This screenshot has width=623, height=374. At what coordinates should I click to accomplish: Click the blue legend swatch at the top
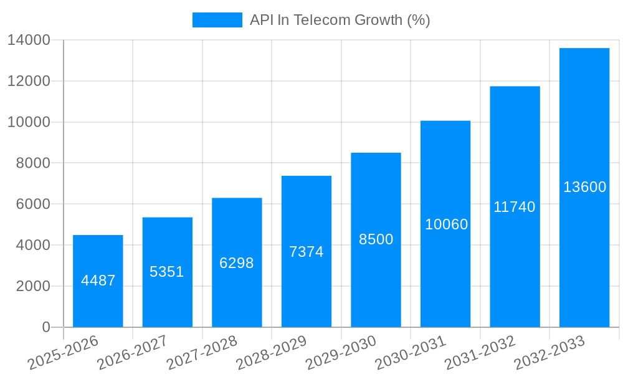click(x=217, y=20)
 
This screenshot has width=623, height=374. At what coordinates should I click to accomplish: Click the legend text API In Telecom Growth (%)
click(x=340, y=20)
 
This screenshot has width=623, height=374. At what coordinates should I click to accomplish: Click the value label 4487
click(x=98, y=280)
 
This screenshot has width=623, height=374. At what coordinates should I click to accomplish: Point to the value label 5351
click(x=167, y=272)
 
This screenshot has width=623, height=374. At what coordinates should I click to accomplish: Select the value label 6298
click(x=237, y=263)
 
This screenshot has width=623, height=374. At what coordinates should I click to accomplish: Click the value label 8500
click(x=376, y=239)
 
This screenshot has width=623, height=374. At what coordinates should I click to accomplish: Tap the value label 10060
click(x=446, y=224)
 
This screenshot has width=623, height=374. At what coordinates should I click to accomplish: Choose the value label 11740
click(x=515, y=207)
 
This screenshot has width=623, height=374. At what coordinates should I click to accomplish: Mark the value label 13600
click(x=584, y=187)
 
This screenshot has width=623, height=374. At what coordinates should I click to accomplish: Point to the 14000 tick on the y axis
click(x=29, y=41)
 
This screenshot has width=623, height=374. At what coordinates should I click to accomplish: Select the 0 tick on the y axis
click(x=46, y=327)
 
